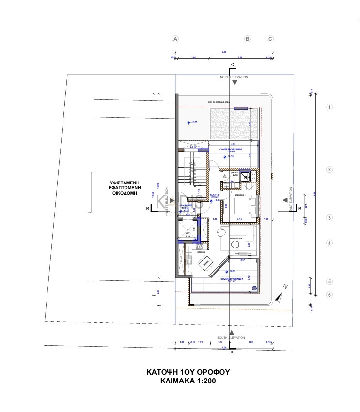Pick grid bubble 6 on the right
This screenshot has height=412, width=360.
[329, 295]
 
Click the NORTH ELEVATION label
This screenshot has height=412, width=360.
[234, 77]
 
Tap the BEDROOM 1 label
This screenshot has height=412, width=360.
[241, 195]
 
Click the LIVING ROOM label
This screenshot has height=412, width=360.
[236, 239]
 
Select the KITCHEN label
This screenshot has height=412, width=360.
[201, 252]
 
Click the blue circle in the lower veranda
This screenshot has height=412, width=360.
[254, 289]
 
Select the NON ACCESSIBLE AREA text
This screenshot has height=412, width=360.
[219, 102]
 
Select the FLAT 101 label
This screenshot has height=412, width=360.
[215, 194]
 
